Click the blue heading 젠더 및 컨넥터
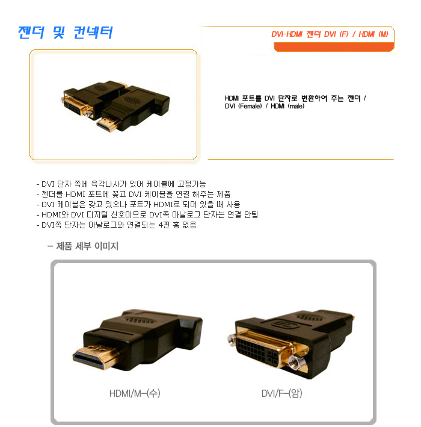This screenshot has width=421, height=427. click(66, 33)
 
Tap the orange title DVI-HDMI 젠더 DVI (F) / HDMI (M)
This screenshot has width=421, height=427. click(330, 34)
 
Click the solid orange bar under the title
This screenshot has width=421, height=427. click(334, 47)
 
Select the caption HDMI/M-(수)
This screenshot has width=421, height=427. click(135, 393)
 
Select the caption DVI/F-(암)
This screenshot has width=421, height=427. click(281, 393)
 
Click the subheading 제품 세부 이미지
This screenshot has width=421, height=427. click(83, 246)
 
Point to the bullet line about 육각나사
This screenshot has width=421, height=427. click(121, 184)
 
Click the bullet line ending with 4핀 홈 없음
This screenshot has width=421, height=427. click(116, 225)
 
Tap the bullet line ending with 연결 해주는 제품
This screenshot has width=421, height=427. click(134, 194)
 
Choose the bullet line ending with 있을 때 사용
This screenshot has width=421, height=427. click(138, 205)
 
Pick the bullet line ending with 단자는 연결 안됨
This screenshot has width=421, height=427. click(147, 214)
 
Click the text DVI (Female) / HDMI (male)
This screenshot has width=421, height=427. click(265, 106)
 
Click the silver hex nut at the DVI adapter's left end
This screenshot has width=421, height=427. click(232, 340)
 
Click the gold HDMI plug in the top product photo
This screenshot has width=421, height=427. click(109, 124)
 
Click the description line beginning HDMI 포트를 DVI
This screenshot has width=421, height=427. click(295, 98)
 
